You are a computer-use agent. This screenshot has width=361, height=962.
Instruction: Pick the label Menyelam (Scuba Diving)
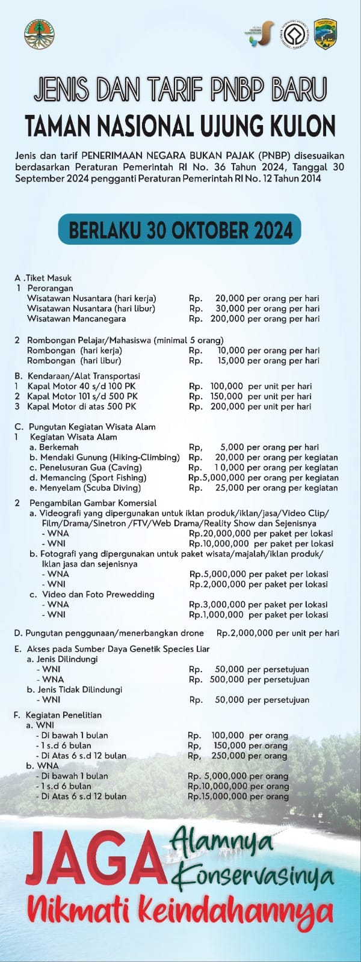pyautogui.click(x=85, y=488)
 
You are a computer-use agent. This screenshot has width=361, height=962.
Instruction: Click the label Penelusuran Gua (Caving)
pyautogui.click(x=90, y=467)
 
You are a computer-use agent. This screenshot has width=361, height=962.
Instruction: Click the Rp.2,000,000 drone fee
pyautogui.click(x=244, y=633)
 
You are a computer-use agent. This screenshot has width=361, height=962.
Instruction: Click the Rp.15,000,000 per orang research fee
pyautogui.click(x=218, y=796)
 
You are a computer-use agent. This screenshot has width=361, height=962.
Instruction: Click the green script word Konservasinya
pyautogui.click(x=253, y=877)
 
